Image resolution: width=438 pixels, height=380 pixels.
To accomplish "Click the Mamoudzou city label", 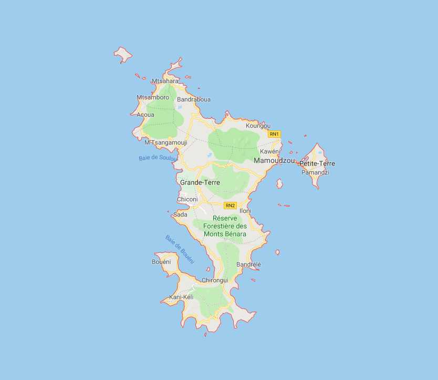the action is (274, 160).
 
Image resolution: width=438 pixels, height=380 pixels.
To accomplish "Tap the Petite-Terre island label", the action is (317, 163).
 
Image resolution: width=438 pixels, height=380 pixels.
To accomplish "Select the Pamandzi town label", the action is (315, 172).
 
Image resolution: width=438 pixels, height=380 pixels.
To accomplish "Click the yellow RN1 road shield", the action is (274, 134).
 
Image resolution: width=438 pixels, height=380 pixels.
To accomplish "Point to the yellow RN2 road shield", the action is (230, 205).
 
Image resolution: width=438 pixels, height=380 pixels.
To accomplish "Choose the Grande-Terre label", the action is (200, 182).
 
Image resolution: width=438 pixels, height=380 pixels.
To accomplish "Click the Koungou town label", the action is (258, 126).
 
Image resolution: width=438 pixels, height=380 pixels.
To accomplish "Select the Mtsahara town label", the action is (165, 81).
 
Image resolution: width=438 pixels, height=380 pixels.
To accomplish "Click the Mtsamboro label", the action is (153, 97).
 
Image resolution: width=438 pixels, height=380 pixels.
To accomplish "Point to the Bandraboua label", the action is (194, 99).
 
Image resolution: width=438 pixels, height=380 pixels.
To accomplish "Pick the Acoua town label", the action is (145, 115).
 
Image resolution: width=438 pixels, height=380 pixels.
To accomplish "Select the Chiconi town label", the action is (187, 199).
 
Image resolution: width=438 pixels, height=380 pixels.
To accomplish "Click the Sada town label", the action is (180, 214).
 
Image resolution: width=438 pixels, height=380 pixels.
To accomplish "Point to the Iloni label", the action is (245, 211).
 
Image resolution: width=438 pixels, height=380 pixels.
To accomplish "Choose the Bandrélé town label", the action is (249, 264).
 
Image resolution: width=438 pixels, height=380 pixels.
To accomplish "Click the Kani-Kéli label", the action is (181, 297).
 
